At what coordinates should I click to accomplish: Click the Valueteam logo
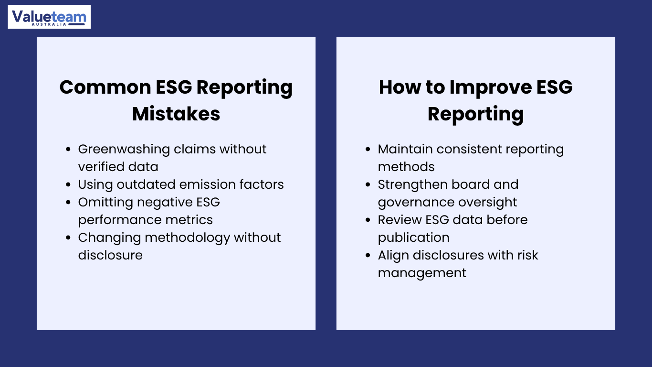pyautogui.click(x=49, y=17)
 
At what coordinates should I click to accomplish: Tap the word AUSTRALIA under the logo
pyautogui.click(x=49, y=24)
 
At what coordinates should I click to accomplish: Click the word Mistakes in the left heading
pyautogui.click(x=176, y=114)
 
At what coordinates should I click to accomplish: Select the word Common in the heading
pyautogui.click(x=105, y=87)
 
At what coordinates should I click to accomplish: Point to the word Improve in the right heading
pyautogui.click(x=491, y=87)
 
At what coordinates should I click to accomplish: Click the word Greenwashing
pyautogui.click(x=124, y=150)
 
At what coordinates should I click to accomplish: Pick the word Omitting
pyautogui.click(x=105, y=203)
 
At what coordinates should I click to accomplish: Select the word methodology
pyautogui.click(x=187, y=238)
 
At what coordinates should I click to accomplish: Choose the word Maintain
pyautogui.click(x=405, y=149)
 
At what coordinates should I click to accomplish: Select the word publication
pyautogui.click(x=414, y=238)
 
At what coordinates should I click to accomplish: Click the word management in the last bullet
pyautogui.click(x=422, y=273)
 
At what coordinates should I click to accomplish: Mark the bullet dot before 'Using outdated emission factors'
pyautogui.click(x=68, y=184)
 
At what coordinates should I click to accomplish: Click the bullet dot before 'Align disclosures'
pyautogui.click(x=368, y=255)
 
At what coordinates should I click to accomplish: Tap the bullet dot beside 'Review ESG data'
pyautogui.click(x=368, y=220)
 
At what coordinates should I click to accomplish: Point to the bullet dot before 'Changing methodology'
pyautogui.click(x=68, y=237)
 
